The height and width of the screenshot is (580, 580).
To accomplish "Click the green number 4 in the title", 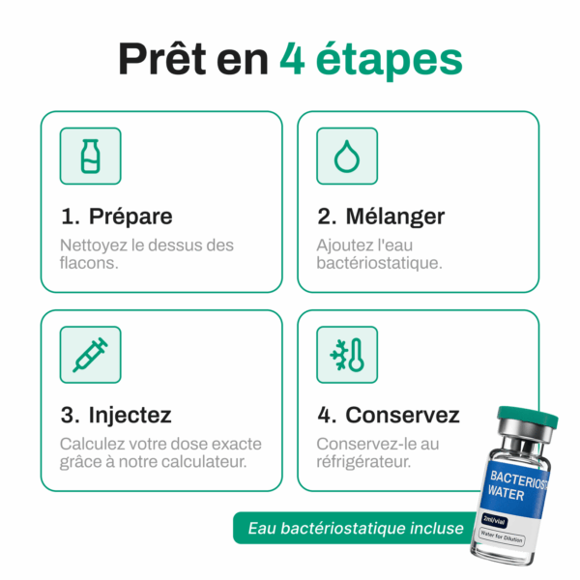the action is pos(292,58).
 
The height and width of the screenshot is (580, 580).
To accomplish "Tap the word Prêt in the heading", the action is pos(162,58).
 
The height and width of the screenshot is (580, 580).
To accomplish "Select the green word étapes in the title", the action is pos(390,61).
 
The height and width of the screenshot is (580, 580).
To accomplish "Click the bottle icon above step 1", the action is pos(90,156).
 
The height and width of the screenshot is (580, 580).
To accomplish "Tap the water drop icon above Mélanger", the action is pos(347,156).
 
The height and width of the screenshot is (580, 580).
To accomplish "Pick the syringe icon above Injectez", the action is pos(90,355).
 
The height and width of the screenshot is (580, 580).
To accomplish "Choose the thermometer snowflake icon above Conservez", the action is pos(347,355).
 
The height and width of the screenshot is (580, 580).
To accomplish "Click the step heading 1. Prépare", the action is pos(117,217).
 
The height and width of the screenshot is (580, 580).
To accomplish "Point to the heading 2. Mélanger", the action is pos(381,217).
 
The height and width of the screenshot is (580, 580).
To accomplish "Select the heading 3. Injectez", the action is pos(116,415).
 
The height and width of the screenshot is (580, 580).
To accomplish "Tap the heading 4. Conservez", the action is pos(389,415).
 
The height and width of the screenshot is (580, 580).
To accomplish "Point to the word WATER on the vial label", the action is pos(506,494).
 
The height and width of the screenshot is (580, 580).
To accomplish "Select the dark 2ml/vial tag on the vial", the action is pos(494,520).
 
